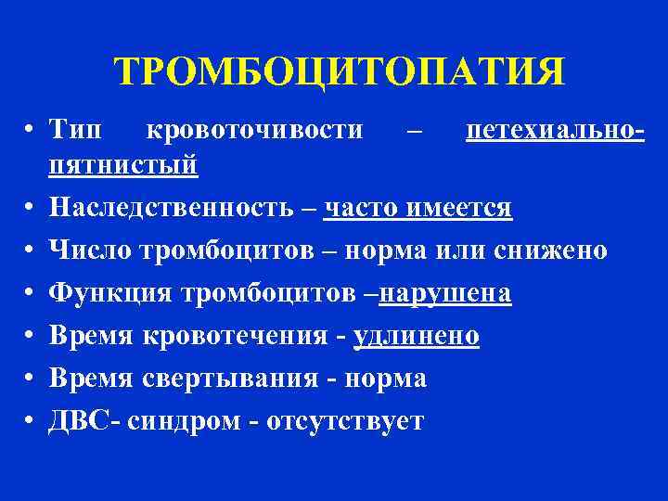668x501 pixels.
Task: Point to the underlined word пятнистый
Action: point(124,167)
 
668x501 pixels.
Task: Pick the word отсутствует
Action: point(345,420)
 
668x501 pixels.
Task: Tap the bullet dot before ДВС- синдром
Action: point(32,421)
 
